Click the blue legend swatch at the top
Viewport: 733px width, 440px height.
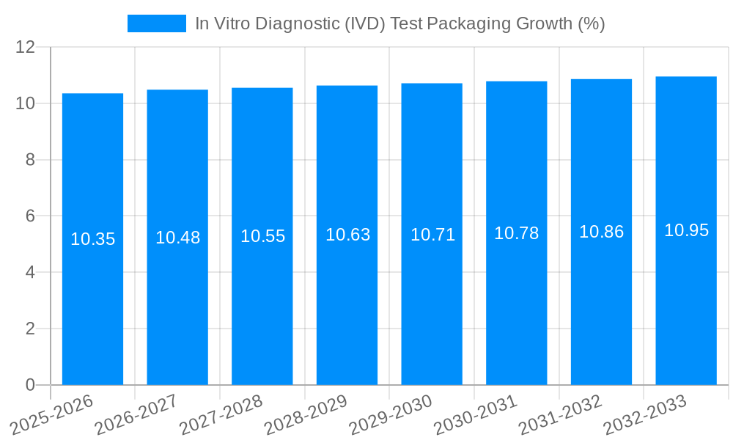point(157,23)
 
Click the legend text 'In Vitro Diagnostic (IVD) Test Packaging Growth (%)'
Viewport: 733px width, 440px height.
point(399,23)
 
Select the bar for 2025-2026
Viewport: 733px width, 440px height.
point(92,308)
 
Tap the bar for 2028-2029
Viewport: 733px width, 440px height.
point(347,308)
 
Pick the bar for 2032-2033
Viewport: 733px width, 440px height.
point(686,308)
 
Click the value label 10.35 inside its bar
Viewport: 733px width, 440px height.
point(93,239)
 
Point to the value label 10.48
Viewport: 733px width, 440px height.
point(177,238)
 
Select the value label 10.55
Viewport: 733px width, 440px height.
point(262,236)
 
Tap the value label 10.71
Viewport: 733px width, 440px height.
point(432,235)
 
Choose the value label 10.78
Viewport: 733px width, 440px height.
point(516,233)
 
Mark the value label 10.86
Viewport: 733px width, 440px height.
point(601,232)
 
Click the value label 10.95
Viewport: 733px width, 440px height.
point(686,230)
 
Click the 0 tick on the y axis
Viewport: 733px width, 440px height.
point(30,385)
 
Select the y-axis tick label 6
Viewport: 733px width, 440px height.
point(30,216)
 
